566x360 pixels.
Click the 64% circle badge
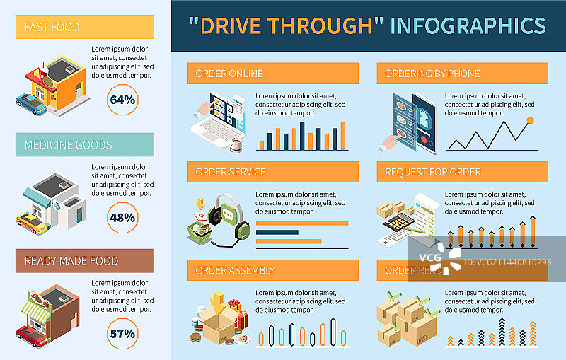click(x=122, y=100)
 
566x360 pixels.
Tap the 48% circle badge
click(x=122, y=217)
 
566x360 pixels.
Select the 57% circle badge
click(x=122, y=333)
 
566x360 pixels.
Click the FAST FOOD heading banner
click(x=86, y=28)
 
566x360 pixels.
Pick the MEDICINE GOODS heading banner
click(x=86, y=144)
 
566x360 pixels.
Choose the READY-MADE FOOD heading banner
click(x=86, y=261)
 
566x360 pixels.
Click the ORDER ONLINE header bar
click(x=273, y=74)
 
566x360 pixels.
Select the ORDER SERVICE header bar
click(x=273, y=172)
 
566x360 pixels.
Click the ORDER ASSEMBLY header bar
click(x=273, y=270)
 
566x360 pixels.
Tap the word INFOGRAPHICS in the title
click(x=468, y=26)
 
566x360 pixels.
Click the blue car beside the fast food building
click(x=32, y=104)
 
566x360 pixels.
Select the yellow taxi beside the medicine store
click(x=32, y=223)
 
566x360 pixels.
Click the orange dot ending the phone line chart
click(x=530, y=121)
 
